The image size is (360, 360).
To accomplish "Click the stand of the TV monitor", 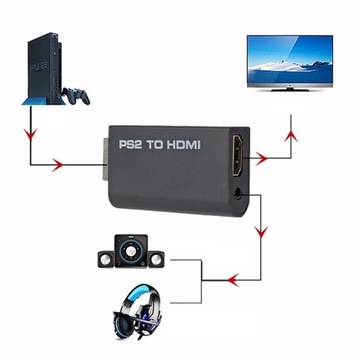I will tap(290, 97).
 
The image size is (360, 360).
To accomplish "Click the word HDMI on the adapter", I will tap(181, 144).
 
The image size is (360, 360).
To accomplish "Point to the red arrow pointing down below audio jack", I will tap(262, 231).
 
